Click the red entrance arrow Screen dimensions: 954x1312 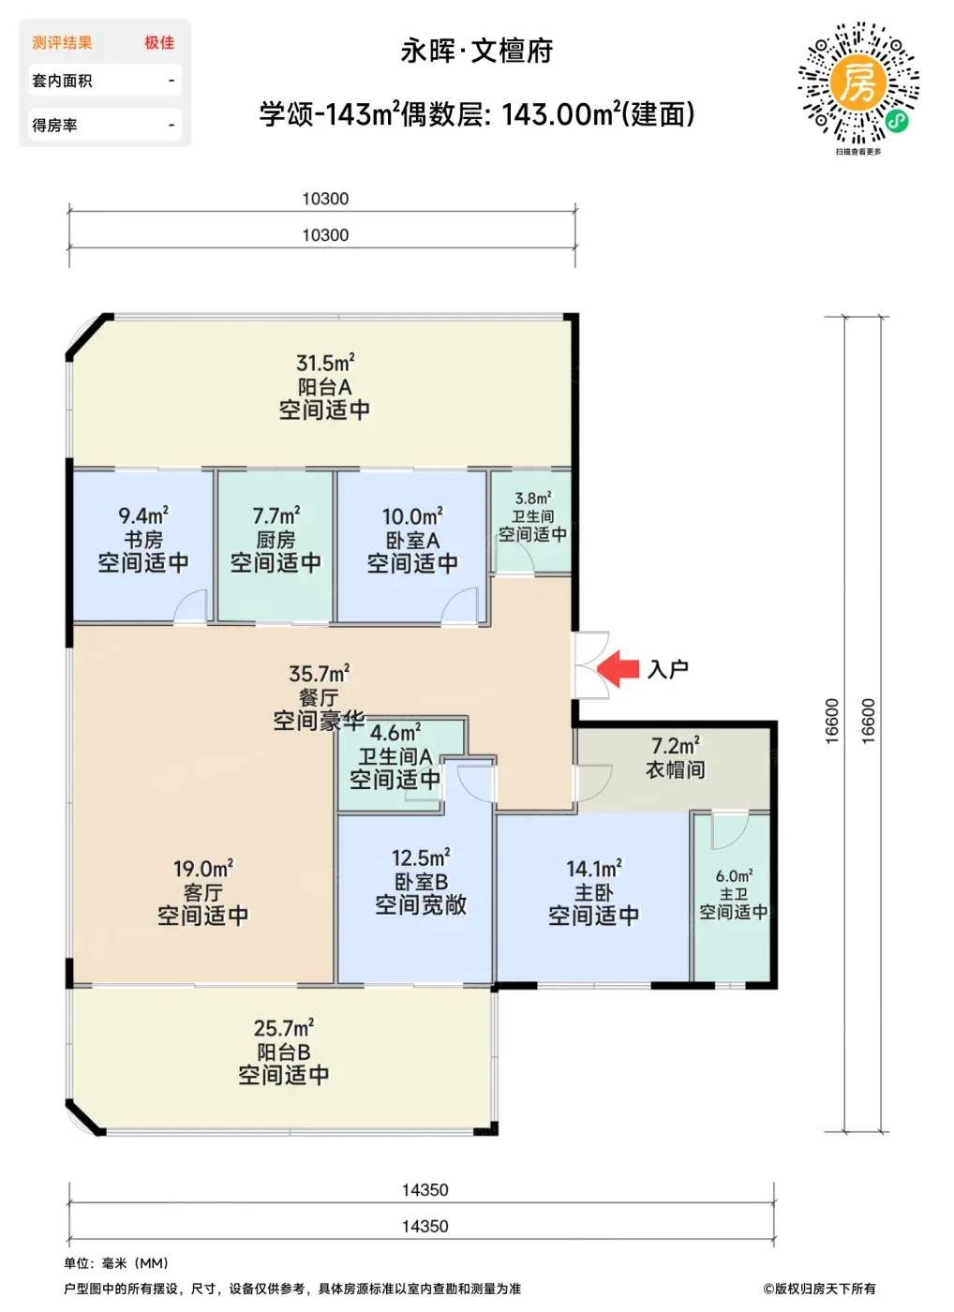(x=618, y=668)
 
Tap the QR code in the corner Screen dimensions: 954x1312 (x=858, y=83)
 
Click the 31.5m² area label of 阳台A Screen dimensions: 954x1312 (x=325, y=364)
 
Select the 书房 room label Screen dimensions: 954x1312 (x=143, y=540)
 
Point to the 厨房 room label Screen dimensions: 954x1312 (x=276, y=540)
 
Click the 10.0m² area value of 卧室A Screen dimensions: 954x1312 (x=412, y=516)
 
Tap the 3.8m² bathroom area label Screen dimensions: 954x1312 (x=533, y=499)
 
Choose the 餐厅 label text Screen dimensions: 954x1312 (x=320, y=697)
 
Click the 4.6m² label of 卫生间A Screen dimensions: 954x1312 (x=395, y=733)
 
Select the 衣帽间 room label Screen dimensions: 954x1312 (x=676, y=769)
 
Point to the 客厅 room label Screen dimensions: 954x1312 (x=203, y=892)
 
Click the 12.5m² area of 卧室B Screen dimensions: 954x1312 (x=421, y=858)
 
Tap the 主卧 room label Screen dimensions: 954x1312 (x=594, y=892)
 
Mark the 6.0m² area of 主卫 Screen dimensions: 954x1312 (x=734, y=876)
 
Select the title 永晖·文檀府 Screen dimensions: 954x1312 (x=477, y=52)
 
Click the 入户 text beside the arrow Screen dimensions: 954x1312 (x=667, y=669)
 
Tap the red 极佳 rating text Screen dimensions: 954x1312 (x=159, y=43)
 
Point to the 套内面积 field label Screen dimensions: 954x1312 (x=62, y=81)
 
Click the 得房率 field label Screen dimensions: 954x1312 (x=54, y=125)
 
